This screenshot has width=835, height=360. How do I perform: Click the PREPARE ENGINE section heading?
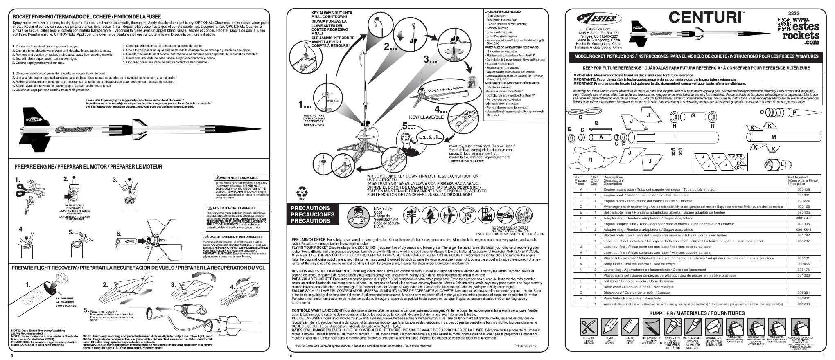(x=88, y=167)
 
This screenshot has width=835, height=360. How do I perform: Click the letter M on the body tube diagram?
(x=773, y=149)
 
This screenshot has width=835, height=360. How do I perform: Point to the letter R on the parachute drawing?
(x=590, y=160)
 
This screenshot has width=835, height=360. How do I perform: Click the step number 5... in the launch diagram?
(x=408, y=126)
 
